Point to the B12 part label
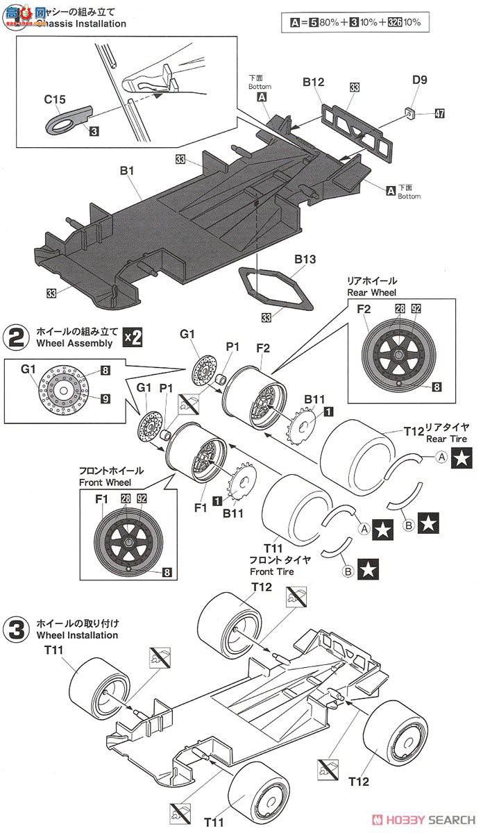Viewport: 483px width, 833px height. [313, 82]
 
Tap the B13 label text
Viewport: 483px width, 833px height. [305, 260]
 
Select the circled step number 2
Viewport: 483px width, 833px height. [17, 337]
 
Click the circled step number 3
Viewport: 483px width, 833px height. [17, 630]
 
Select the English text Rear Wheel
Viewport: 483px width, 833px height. [371, 292]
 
